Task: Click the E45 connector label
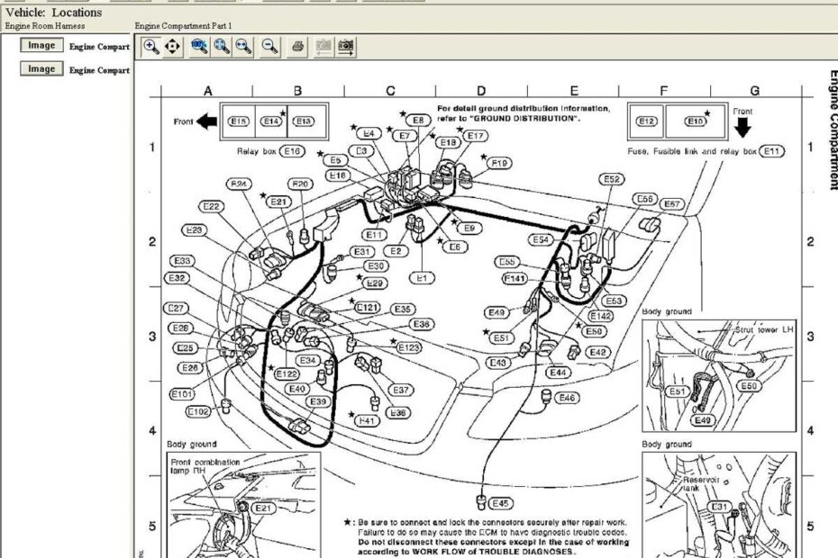[500, 503]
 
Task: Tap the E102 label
[198, 411]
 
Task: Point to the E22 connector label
[212, 206]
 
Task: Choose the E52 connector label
[613, 180]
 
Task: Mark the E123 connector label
[408, 346]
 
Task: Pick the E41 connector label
[368, 420]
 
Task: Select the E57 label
[672, 204]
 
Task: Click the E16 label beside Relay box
[294, 151]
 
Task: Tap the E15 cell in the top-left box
[239, 121]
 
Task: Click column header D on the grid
[481, 91]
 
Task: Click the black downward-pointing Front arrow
[742, 127]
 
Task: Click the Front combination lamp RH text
[205, 466]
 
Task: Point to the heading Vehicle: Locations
[54, 13]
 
